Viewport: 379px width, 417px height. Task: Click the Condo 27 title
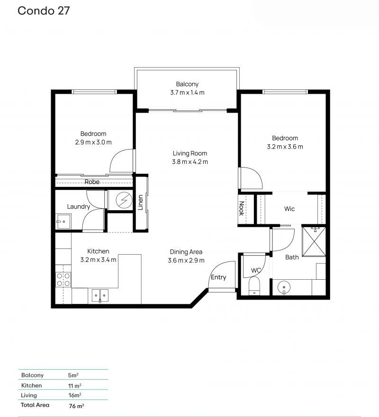point(44,11)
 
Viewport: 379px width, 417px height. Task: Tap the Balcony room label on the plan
point(188,84)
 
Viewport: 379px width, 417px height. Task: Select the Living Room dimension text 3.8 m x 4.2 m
point(190,162)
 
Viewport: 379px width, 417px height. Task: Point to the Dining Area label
point(186,252)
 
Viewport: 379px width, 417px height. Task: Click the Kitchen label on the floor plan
point(98,251)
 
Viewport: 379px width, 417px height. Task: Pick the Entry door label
point(218,277)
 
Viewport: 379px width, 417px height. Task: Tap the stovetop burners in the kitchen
point(63,280)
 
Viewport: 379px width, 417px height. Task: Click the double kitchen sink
point(100,295)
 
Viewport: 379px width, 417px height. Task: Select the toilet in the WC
point(254,286)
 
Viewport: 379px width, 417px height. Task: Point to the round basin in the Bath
point(284,287)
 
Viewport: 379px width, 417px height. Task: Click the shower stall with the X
point(314,241)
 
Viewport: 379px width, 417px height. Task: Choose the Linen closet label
point(141,203)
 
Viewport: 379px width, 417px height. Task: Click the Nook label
point(242,208)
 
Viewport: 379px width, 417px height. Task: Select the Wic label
point(289,209)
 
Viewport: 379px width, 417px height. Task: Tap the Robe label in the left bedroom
point(92,182)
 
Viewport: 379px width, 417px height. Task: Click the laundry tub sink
point(63,222)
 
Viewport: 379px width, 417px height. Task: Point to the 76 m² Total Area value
point(76,406)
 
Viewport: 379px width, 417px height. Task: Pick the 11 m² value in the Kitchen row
point(74,386)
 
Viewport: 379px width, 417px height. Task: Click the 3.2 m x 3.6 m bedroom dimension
point(285,147)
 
